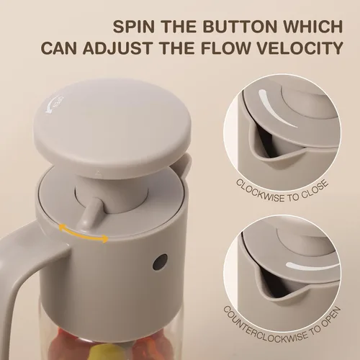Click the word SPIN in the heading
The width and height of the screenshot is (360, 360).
[134, 27]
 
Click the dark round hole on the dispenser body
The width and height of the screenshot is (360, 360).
[160, 261]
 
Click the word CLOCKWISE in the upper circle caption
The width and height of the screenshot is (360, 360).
[261, 192]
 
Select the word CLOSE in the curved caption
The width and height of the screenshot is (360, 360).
[315, 189]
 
